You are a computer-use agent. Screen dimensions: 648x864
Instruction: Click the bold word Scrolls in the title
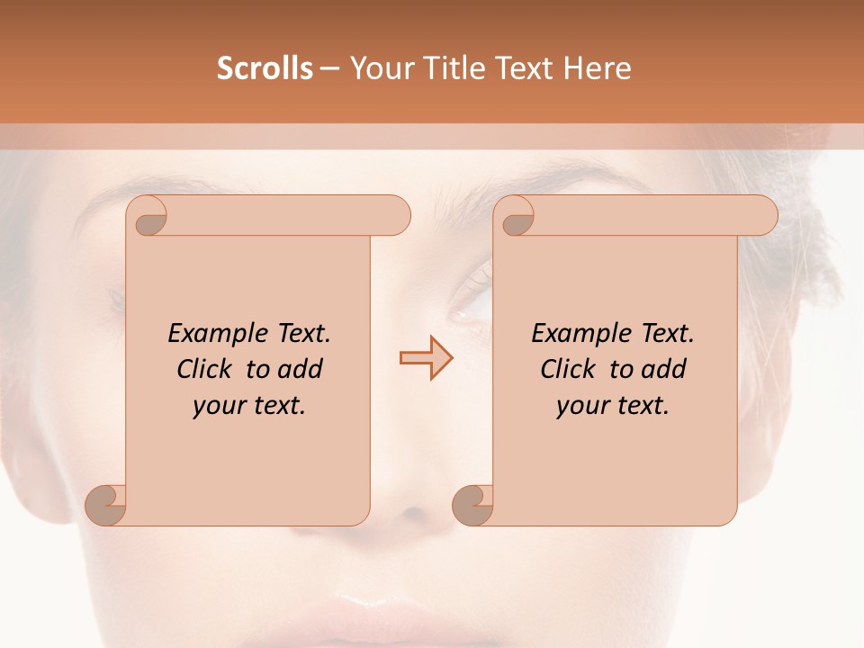click(x=265, y=68)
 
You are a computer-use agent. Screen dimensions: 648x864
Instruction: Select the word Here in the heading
click(x=598, y=68)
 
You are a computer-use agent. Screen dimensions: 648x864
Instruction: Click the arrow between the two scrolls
click(x=427, y=358)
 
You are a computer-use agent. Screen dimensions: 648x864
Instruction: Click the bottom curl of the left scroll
click(x=105, y=505)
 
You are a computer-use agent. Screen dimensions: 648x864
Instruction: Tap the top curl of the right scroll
click(x=517, y=217)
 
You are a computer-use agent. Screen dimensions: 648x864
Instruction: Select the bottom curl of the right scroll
click(x=472, y=505)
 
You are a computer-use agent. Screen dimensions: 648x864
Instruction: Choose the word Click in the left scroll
click(x=202, y=370)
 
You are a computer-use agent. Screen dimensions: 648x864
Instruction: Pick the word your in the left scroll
click(x=217, y=407)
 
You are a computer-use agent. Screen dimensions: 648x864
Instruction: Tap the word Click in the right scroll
click(x=566, y=370)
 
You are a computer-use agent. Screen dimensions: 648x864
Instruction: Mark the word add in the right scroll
click(x=664, y=370)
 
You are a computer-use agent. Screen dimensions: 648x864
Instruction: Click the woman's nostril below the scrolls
click(x=412, y=512)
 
